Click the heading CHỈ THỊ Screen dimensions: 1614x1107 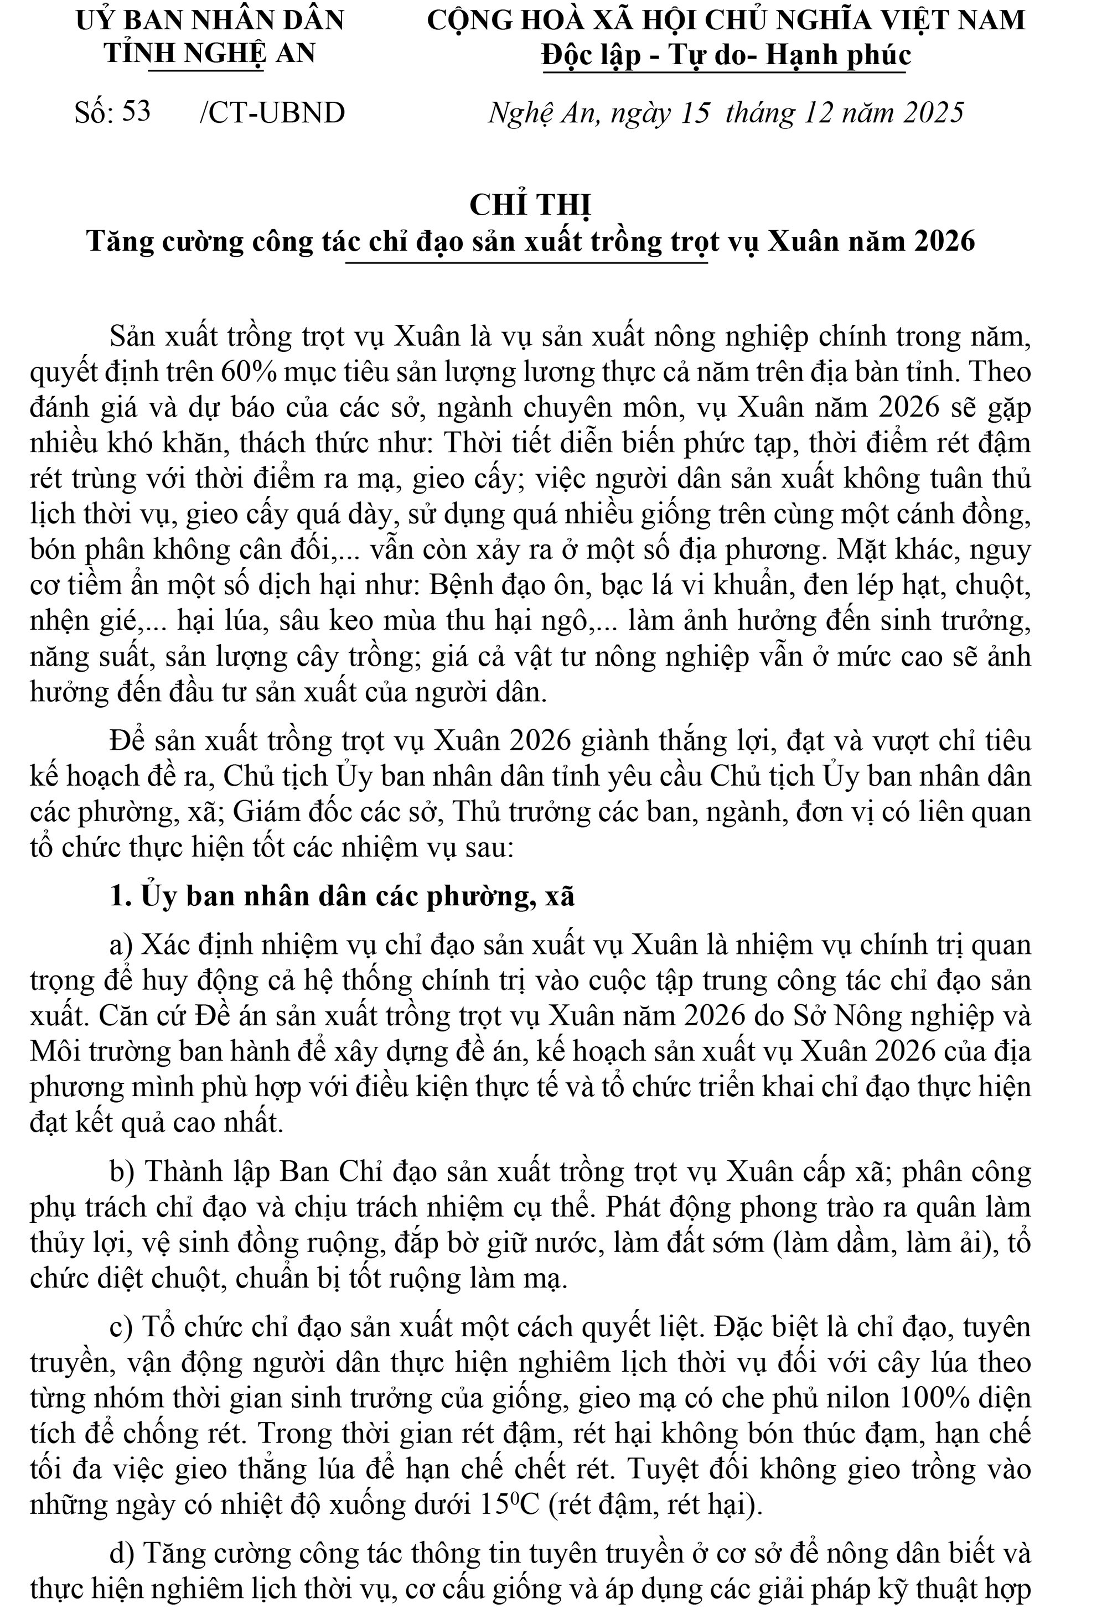(530, 205)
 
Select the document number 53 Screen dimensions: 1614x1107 (136, 111)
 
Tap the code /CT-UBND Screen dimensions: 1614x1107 (272, 112)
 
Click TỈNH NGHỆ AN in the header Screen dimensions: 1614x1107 (210, 53)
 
